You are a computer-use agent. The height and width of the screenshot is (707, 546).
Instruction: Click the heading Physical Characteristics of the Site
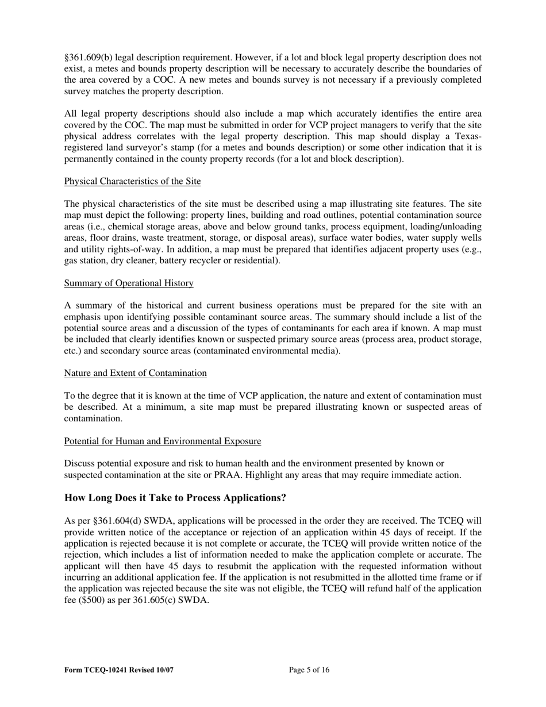coord(132,182)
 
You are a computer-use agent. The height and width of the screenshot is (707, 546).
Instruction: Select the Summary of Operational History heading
coord(129,283)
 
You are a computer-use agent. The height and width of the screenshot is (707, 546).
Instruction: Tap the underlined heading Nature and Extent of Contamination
coord(135,374)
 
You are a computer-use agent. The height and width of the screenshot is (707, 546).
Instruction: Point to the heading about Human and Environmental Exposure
coord(162,441)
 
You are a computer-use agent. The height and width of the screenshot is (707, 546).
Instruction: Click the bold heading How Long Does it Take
coord(175,498)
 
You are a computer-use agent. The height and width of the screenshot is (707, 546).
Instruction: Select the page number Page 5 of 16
coord(309,670)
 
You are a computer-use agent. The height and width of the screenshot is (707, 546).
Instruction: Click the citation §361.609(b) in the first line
coord(90,57)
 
